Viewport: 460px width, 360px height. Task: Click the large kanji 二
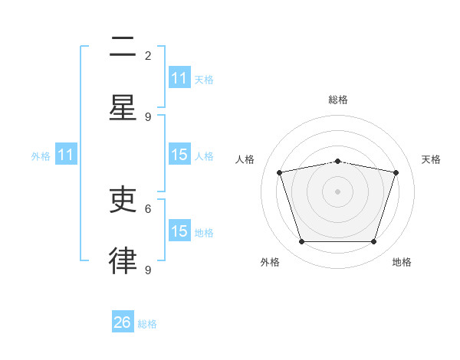tap(123, 46)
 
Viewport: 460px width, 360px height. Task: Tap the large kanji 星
tap(123, 107)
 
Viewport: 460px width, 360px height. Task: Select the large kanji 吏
tap(123, 199)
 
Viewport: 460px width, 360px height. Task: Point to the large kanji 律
tap(123, 260)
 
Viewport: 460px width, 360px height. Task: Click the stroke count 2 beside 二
tap(148, 56)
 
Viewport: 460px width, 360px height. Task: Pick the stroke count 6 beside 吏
tap(148, 209)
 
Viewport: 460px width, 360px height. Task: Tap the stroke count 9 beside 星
tap(148, 117)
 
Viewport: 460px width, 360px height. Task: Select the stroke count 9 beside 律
tap(148, 270)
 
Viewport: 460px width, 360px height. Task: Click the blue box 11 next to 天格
tap(179, 77)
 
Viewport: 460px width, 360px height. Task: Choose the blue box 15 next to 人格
tap(179, 154)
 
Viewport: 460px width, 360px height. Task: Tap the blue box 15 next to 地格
tap(179, 230)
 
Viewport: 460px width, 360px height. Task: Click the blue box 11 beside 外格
tap(66, 154)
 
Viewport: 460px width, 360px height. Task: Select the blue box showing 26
tap(123, 321)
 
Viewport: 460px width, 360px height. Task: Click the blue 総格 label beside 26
tap(147, 324)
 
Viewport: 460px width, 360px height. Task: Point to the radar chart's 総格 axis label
tap(338, 100)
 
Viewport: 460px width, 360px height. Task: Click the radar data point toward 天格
tap(396, 172)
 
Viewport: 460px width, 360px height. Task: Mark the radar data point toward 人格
tap(280, 172)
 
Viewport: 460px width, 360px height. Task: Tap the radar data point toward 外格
tap(301, 241)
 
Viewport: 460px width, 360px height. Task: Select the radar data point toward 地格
tap(373, 241)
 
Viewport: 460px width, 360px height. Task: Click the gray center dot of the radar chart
tap(337, 191)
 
